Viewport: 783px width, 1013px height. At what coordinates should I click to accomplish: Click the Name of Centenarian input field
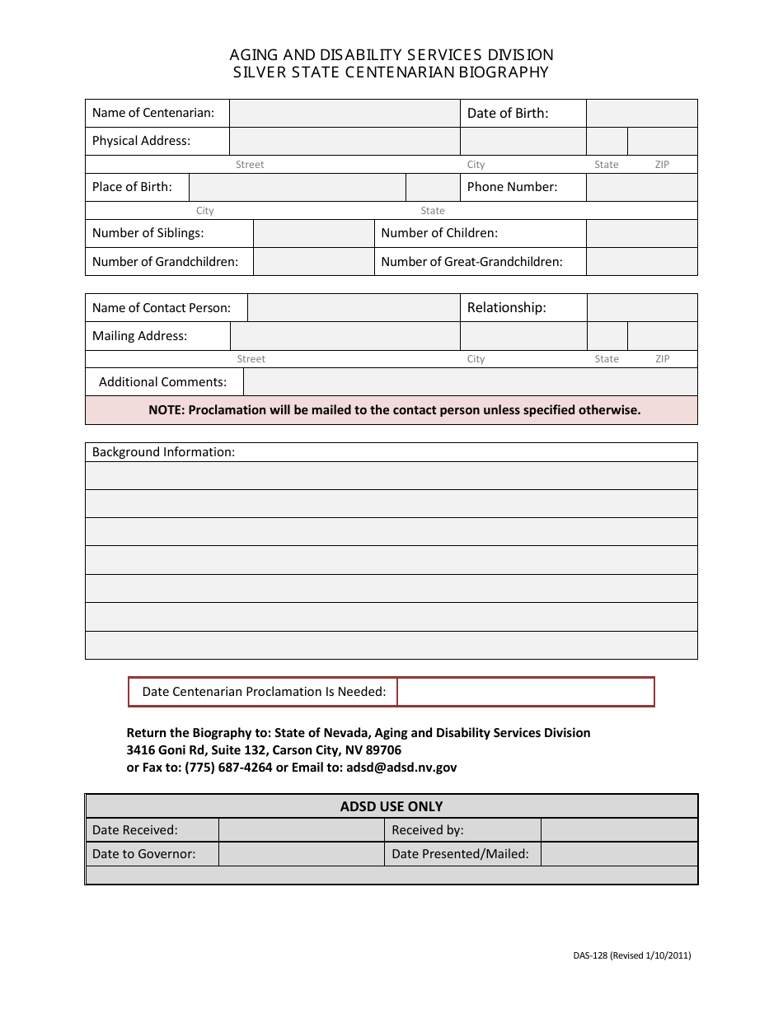click(x=345, y=114)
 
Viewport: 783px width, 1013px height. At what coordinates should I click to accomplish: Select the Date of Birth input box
click(x=641, y=114)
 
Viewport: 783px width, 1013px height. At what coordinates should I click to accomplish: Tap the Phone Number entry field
click(x=641, y=188)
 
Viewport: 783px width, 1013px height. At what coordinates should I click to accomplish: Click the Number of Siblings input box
click(x=313, y=234)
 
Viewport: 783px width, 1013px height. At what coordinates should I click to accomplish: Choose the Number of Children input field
click(x=641, y=234)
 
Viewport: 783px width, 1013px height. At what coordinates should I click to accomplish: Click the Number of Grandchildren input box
click(x=313, y=262)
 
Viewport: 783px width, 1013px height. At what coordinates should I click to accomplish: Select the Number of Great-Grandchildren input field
click(x=641, y=262)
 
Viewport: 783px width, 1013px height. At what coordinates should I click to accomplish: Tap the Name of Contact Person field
click(x=354, y=308)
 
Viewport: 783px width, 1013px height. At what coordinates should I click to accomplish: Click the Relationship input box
click(x=641, y=308)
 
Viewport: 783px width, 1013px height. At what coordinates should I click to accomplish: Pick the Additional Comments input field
click(x=470, y=382)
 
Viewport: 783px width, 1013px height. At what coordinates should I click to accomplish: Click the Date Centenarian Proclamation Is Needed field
click(x=525, y=692)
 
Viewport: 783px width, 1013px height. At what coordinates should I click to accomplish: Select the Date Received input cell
click(x=302, y=830)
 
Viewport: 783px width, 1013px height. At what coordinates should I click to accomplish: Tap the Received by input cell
click(x=619, y=830)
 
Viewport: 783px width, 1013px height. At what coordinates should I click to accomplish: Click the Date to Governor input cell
click(x=302, y=854)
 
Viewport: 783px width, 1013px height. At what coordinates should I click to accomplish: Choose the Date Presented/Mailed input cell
click(x=619, y=854)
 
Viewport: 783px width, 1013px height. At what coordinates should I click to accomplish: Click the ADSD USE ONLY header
click(x=391, y=806)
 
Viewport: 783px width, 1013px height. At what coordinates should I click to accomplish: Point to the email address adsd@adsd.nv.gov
click(x=401, y=768)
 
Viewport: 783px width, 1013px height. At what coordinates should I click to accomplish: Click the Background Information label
click(x=163, y=452)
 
